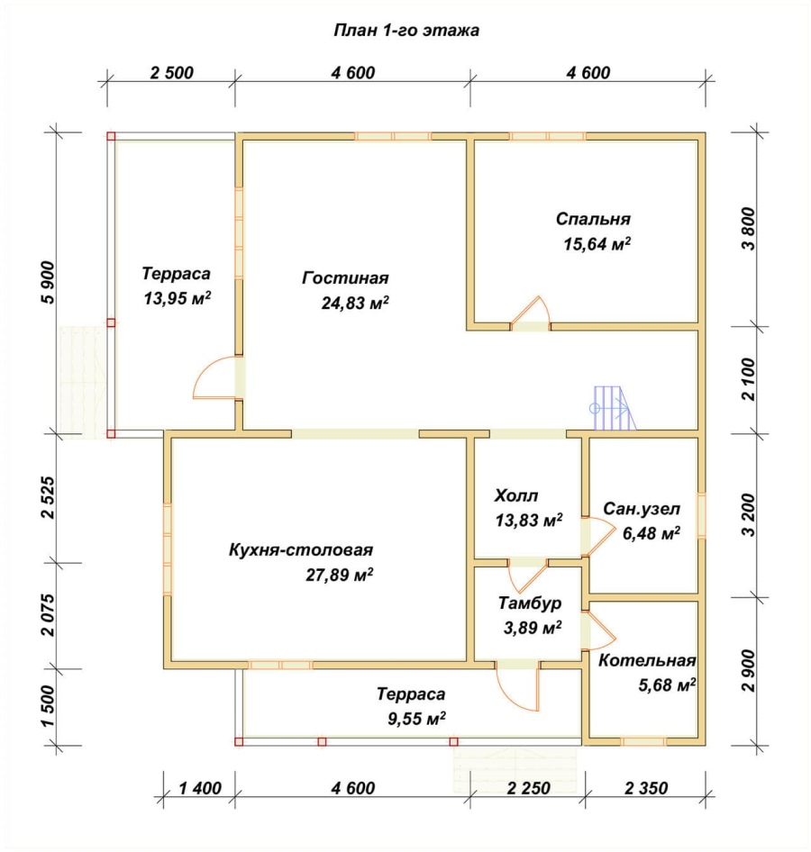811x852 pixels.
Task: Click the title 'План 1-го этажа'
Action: [406, 30]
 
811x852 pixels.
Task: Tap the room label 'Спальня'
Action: [593, 219]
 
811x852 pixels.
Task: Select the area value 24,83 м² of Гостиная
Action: [355, 303]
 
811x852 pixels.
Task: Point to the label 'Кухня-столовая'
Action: [301, 550]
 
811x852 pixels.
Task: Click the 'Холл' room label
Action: [515, 495]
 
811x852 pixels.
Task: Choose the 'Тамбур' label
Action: [530, 603]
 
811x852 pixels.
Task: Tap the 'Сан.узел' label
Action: [642, 509]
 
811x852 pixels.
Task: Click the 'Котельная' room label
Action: [647, 661]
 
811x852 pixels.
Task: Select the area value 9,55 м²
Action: [416, 719]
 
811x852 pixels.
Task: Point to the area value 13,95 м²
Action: [178, 298]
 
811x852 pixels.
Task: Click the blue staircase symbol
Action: [613, 408]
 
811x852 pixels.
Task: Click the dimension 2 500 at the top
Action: [172, 73]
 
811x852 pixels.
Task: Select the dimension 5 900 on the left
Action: [48, 283]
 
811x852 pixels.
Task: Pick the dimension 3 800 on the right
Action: [749, 228]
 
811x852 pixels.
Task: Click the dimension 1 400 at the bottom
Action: [200, 788]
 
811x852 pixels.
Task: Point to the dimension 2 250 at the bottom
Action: [528, 788]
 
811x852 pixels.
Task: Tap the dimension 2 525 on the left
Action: [48, 498]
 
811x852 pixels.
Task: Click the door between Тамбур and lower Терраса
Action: [517, 685]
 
